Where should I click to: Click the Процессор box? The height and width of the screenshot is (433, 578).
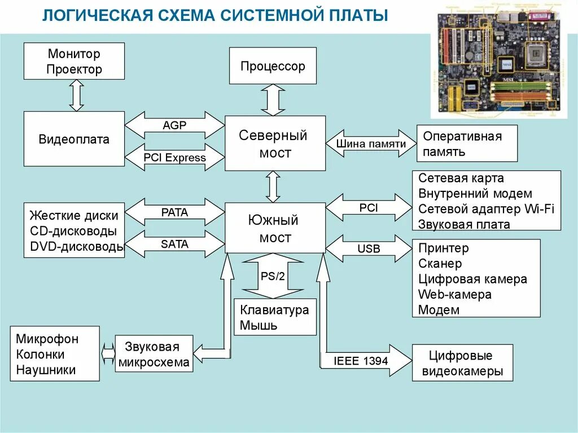(x=273, y=66)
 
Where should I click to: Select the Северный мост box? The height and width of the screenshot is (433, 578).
(x=275, y=143)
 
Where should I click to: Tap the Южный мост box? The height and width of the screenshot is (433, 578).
(x=275, y=228)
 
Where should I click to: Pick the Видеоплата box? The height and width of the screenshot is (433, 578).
(x=74, y=139)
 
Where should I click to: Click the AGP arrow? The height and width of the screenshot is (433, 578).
(x=174, y=125)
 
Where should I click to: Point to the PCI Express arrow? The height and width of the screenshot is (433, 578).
(x=174, y=158)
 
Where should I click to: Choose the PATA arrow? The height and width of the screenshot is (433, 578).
(x=174, y=212)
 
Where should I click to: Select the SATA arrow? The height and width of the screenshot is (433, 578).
(x=174, y=244)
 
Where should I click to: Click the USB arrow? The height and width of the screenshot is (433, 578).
(x=369, y=248)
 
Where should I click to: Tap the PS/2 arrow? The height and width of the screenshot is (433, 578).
(x=273, y=277)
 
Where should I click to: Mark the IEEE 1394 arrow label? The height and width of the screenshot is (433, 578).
(x=361, y=360)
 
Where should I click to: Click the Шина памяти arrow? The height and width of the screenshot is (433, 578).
(x=371, y=143)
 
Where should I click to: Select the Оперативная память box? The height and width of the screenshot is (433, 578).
(x=467, y=143)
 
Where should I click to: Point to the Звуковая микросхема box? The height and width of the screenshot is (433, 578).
(x=154, y=355)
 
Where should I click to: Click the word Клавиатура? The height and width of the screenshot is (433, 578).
(x=274, y=310)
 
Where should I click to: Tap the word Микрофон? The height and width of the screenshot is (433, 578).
(x=47, y=339)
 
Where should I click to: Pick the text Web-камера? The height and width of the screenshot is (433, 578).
(x=455, y=294)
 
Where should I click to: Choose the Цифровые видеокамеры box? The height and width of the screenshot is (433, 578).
(x=462, y=364)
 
